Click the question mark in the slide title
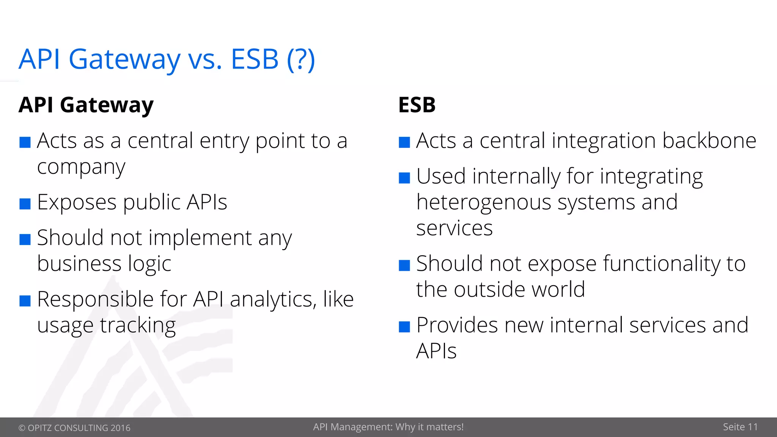[300, 60]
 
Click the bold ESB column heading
[417, 105]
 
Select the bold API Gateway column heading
[86, 105]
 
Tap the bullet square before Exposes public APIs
[25, 204]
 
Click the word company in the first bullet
[81, 167]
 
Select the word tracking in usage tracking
[138, 326]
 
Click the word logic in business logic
[149, 264]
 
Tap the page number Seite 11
[740, 427]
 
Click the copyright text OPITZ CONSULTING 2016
[74, 428]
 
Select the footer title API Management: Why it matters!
[388, 427]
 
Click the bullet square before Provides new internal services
[404, 327]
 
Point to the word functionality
[661, 264]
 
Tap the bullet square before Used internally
[404, 178]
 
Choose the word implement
[200, 238]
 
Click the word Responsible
[95, 300]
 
